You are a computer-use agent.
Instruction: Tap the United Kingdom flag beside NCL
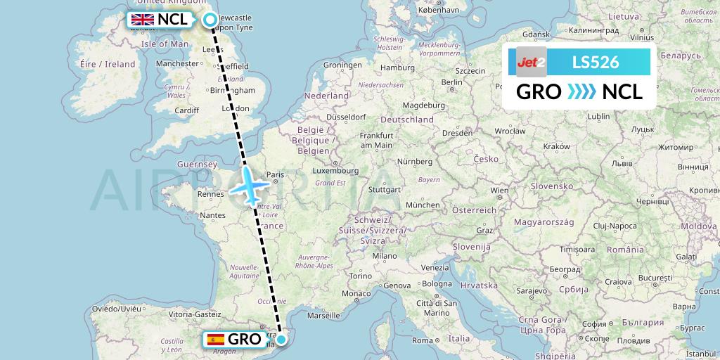pyautogui.click(x=143, y=20)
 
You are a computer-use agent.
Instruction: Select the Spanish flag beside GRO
pyautogui.click(x=216, y=339)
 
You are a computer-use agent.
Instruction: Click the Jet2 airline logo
pyautogui.click(x=531, y=63)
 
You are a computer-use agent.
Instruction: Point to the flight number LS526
pyautogui.click(x=595, y=63)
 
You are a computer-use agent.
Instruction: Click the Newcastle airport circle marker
pyautogui.click(x=210, y=20)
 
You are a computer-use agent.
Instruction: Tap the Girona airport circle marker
pyautogui.click(x=281, y=340)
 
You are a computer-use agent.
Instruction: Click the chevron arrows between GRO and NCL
pyautogui.click(x=581, y=92)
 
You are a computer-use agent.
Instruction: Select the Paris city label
pyautogui.click(x=275, y=175)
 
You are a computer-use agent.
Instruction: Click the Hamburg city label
pyautogui.click(x=397, y=68)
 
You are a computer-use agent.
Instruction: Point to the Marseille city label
pyautogui.click(x=323, y=316)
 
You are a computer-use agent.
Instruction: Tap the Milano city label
pyautogui.click(x=385, y=256)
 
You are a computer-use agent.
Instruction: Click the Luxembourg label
pyautogui.click(x=336, y=170)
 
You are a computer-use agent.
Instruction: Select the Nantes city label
pyautogui.click(x=212, y=216)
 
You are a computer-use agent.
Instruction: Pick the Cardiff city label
pyautogui.click(x=187, y=110)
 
